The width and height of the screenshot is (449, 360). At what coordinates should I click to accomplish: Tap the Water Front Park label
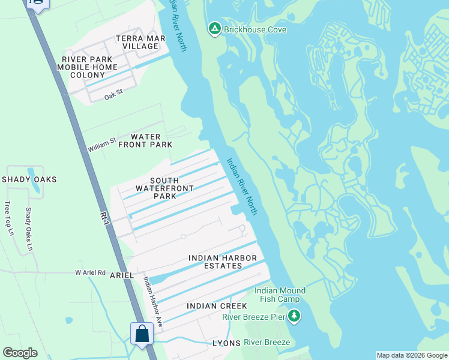click(145, 140)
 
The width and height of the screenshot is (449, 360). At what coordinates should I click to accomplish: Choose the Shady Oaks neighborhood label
click(29, 179)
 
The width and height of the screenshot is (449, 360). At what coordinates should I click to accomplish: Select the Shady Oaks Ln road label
click(28, 225)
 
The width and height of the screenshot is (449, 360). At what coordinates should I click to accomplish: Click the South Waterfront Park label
click(155, 188)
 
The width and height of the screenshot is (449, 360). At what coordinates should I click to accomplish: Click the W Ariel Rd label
click(90, 272)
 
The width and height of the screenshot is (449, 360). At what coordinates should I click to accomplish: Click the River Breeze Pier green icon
click(294, 316)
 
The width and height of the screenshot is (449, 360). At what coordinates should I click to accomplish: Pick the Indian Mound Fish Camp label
click(280, 295)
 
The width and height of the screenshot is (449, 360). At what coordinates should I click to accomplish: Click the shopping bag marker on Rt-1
click(142, 333)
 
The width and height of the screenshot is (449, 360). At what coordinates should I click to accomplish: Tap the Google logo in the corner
click(20, 353)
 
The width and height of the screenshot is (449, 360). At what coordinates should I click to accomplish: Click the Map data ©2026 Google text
click(411, 355)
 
